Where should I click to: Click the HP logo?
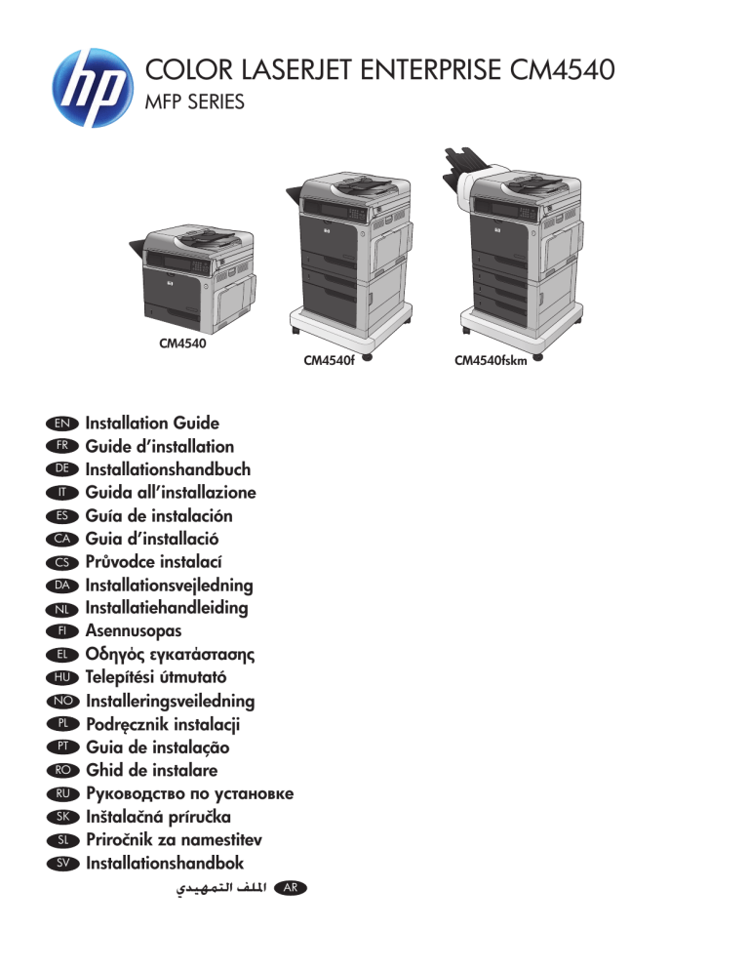(93, 87)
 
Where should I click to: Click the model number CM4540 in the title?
(562, 69)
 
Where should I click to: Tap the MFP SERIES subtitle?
(194, 101)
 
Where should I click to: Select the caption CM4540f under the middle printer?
(329, 360)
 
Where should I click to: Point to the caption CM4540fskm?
(491, 361)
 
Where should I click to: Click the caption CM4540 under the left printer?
(182, 343)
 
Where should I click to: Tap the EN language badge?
(62, 424)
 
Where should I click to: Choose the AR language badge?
(290, 888)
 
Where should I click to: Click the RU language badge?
(63, 793)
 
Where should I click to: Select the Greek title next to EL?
(170, 655)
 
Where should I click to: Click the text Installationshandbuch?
(168, 469)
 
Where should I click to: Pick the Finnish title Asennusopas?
(134, 631)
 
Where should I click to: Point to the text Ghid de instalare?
(151, 770)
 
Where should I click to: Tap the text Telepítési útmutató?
(156, 677)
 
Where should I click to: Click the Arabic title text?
(221, 888)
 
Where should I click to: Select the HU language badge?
(62, 677)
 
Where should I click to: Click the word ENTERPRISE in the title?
(430, 69)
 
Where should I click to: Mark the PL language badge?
(63, 724)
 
